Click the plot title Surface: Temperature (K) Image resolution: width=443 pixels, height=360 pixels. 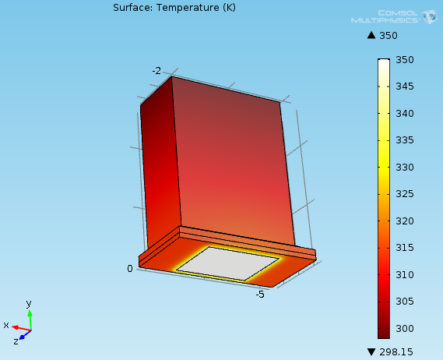[174, 8]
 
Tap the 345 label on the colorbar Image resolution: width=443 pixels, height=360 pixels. [405, 86]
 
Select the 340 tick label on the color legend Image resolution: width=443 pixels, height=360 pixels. [405, 114]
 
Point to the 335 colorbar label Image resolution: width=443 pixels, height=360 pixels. [405, 140]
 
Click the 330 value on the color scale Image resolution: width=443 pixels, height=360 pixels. [405, 167]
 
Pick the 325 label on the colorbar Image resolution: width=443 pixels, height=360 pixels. [405, 194]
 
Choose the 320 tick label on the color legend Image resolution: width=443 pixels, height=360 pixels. [405, 221]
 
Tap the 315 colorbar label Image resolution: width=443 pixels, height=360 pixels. [405, 248]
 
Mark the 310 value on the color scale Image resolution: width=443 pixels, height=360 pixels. [405, 274]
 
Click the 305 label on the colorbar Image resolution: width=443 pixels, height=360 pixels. [405, 302]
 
